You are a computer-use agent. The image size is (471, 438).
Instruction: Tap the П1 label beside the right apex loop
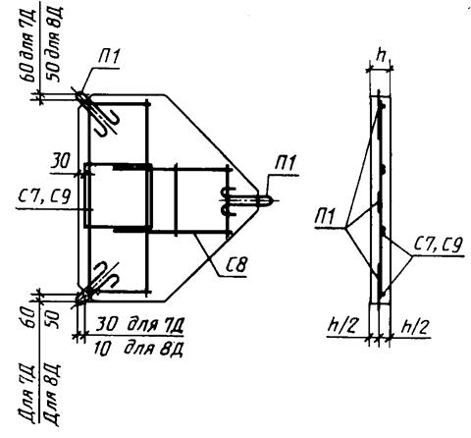tap(286, 163)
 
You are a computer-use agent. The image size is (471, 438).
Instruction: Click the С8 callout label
tap(235, 265)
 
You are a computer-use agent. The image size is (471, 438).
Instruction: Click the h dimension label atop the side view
tap(380, 56)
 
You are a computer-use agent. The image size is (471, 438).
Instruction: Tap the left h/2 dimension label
tap(341, 326)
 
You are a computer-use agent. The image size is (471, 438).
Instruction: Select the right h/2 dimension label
tap(415, 326)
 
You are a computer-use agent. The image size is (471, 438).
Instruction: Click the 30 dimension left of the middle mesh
tap(60, 161)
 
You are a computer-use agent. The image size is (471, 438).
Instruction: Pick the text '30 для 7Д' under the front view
tap(139, 324)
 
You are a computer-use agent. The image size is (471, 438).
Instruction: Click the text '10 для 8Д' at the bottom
tap(138, 349)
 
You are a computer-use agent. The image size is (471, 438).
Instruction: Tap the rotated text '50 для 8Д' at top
tap(52, 45)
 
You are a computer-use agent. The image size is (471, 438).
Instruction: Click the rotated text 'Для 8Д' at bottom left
tap(52, 395)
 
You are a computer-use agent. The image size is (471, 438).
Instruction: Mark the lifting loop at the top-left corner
tap(97, 113)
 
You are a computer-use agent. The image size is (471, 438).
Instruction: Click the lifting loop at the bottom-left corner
tap(97, 284)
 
